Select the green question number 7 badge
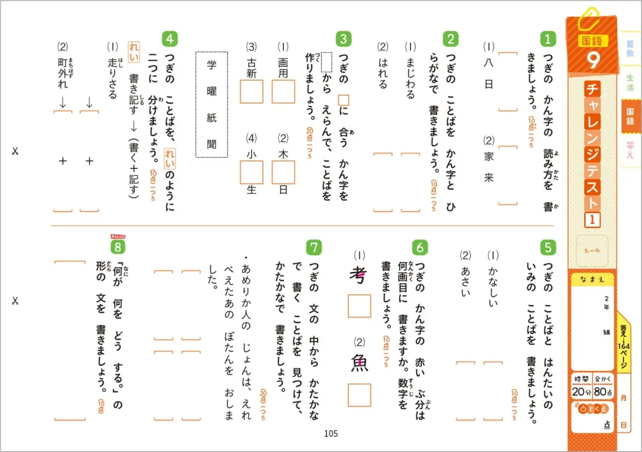(314, 247)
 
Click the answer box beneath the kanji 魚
(359, 395)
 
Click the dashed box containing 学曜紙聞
(212, 105)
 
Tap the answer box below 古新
(252, 91)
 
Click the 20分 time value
(581, 392)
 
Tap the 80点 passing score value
(604, 392)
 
